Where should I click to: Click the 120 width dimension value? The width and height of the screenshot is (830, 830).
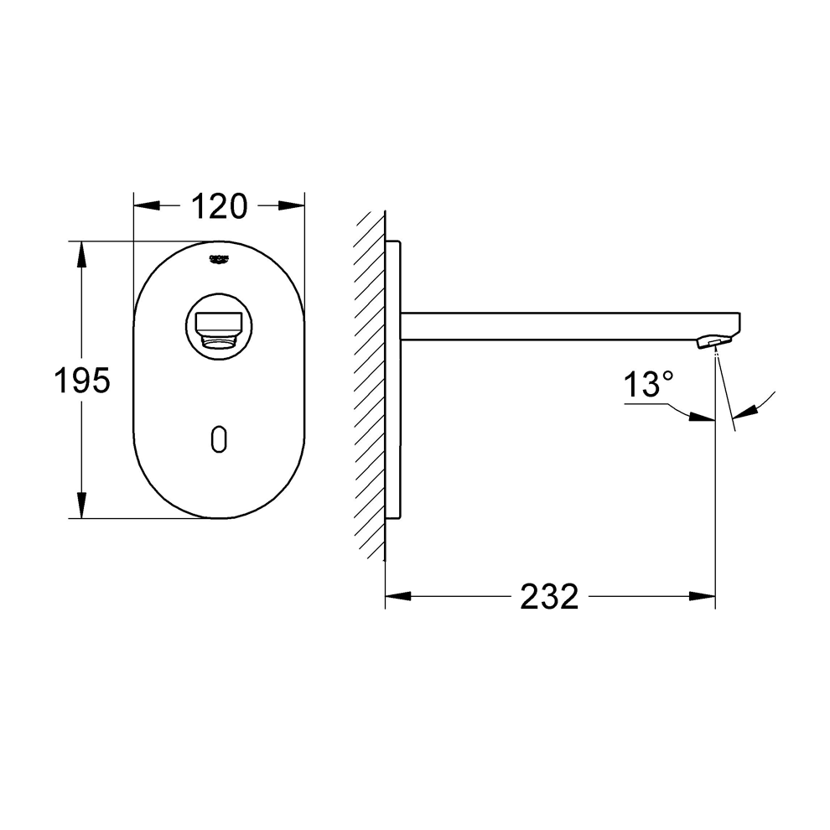219,206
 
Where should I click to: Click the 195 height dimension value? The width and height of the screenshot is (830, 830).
82,381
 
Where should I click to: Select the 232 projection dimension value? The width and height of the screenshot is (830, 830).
549,597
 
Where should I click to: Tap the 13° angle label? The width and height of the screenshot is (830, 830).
647,386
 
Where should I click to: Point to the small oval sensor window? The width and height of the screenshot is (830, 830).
219,438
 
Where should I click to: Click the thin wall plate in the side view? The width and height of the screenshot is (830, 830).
393,381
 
